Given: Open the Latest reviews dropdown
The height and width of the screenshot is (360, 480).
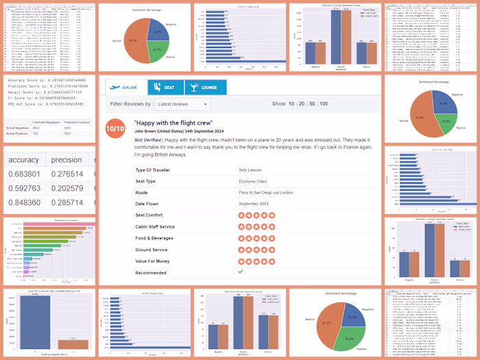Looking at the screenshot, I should [x=183, y=104].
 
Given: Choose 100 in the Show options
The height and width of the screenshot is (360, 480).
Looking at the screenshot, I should [x=324, y=104].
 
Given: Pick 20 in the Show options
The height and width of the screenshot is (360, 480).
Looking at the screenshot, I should [x=301, y=104].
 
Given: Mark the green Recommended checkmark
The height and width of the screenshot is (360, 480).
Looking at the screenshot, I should [x=241, y=272].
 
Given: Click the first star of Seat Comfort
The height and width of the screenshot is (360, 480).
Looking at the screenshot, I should [x=241, y=215].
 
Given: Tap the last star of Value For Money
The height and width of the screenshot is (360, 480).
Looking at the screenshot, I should [x=272, y=261].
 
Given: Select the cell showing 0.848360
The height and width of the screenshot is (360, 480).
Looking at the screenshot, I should [x=25, y=203].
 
